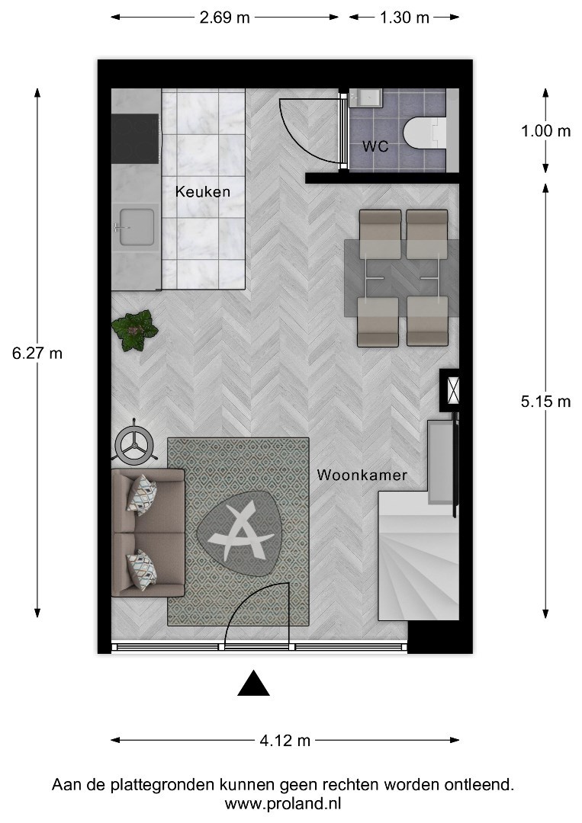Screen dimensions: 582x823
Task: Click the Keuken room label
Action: click(203, 191)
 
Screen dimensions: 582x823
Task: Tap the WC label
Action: click(375, 146)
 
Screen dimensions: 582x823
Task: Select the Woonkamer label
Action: click(362, 476)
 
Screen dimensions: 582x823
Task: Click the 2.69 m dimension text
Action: click(224, 18)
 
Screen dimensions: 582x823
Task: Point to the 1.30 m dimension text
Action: click(404, 18)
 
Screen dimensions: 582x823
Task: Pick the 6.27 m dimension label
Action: click(37, 354)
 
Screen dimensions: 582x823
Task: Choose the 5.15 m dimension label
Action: click(545, 402)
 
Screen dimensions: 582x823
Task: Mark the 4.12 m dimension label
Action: click(285, 741)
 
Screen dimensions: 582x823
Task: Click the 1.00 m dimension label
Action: click(545, 131)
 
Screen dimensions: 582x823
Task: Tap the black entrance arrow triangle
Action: click(254, 684)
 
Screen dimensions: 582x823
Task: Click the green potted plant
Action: click(135, 330)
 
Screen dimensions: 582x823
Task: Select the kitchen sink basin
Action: click(137, 227)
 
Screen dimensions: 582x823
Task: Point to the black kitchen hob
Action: click(135, 139)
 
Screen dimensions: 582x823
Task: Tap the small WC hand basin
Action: click(365, 98)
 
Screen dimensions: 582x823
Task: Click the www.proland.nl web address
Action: click(283, 804)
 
